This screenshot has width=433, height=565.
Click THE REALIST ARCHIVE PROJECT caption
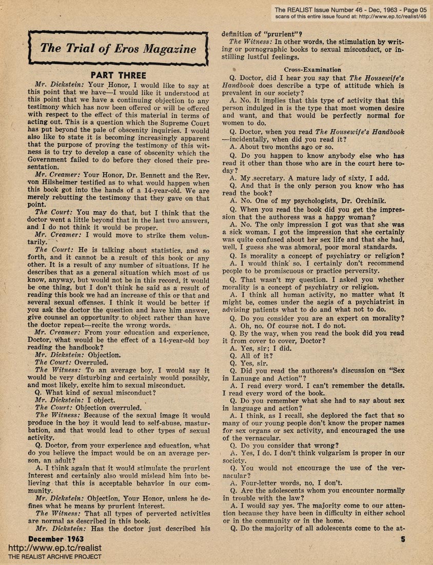pos(54,556)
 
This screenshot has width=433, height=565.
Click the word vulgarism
pos(337,453)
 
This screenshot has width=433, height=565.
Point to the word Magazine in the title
pos(169,49)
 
